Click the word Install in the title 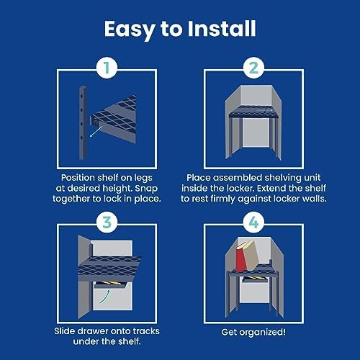[x=222, y=29]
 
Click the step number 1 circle [x=107, y=68]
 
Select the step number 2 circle [x=253, y=68]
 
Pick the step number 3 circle [x=107, y=222]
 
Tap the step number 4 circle [x=253, y=222]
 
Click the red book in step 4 [x=241, y=256]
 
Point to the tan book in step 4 [x=251, y=254]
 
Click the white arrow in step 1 [x=96, y=132]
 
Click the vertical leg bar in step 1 [x=83, y=123]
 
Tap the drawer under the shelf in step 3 [x=111, y=284]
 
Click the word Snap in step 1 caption [x=146, y=189]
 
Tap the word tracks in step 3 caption [x=146, y=331]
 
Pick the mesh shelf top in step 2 [x=253, y=112]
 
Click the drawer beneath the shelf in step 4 [x=254, y=279]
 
